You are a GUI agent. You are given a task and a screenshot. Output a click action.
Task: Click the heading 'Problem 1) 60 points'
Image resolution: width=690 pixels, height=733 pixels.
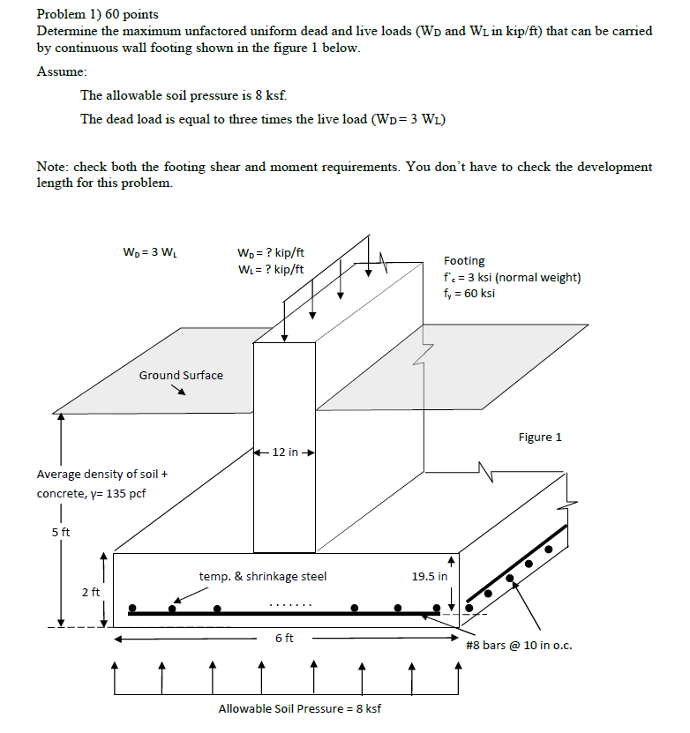tap(97, 15)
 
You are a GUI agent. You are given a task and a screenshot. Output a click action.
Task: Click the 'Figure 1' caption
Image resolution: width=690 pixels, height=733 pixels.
tap(540, 437)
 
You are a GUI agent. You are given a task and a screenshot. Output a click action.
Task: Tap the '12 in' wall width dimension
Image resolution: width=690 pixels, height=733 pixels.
tap(284, 453)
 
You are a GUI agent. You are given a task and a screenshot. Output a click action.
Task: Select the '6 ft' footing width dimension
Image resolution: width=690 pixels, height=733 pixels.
tap(284, 638)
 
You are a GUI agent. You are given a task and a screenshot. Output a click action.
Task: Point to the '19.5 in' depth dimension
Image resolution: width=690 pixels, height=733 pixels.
tap(430, 576)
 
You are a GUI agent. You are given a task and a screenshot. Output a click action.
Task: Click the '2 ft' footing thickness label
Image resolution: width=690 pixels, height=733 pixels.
tap(91, 592)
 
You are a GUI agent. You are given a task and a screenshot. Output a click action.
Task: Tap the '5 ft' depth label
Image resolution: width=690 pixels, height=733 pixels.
tap(60, 532)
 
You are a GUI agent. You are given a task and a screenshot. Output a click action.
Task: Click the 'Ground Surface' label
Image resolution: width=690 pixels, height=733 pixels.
tap(181, 375)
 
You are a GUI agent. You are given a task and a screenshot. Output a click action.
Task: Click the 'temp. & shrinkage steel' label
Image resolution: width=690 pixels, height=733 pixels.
tap(263, 576)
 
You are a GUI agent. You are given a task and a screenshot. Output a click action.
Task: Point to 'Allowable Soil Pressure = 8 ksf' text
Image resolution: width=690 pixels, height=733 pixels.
tap(300, 708)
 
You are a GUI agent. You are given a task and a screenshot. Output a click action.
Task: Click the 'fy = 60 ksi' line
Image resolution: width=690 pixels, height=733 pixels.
tap(469, 293)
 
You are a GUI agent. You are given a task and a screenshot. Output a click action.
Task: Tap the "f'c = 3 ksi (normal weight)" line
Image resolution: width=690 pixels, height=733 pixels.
tap(512, 277)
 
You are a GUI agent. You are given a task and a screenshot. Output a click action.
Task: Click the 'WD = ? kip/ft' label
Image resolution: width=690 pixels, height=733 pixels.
tap(271, 253)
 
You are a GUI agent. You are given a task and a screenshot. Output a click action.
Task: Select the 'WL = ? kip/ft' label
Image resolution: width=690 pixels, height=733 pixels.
tap(271, 269)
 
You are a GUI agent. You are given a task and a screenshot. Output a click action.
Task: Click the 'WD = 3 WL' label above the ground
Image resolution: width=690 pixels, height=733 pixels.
tap(151, 253)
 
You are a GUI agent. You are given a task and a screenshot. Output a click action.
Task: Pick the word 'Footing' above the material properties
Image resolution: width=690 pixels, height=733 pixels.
tap(464, 261)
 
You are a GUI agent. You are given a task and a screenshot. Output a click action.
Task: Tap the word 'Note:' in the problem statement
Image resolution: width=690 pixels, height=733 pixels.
tap(53, 167)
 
